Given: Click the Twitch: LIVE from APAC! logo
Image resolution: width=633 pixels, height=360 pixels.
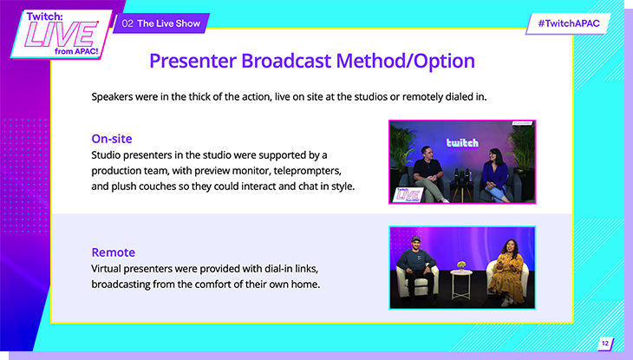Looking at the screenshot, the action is pyautogui.click(x=62, y=35).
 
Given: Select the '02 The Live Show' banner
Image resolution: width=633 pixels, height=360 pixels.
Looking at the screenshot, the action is pyautogui.click(x=160, y=23).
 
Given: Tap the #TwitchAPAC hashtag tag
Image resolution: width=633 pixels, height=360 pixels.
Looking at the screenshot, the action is pyautogui.click(x=569, y=23).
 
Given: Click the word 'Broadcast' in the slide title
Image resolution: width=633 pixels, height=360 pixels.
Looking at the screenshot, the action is pyautogui.click(x=286, y=61).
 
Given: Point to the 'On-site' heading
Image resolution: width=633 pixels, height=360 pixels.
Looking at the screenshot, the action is pyautogui.click(x=112, y=139).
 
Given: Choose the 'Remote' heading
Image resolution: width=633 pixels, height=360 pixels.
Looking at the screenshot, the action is pyautogui.click(x=114, y=252).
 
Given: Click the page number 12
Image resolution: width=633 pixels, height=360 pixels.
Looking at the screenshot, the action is pyautogui.click(x=604, y=344).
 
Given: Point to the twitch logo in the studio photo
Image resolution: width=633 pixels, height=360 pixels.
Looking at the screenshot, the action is pyautogui.click(x=462, y=143).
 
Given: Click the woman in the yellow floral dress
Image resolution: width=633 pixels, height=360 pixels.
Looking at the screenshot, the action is pyautogui.click(x=506, y=272).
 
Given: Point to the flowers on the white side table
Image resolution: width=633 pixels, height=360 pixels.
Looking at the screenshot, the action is pyautogui.click(x=461, y=265).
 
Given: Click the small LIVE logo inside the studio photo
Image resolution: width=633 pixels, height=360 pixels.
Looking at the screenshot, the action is pyautogui.click(x=408, y=195).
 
